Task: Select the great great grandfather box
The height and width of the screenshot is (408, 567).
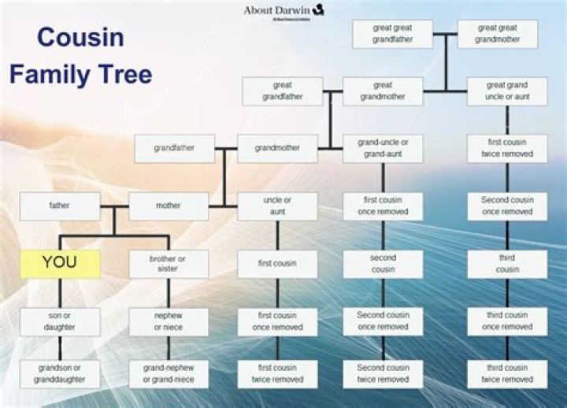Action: pyautogui.click(x=392, y=34)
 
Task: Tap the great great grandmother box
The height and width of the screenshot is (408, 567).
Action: pyautogui.click(x=498, y=34)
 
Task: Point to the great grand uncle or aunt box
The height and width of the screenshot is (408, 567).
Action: pyautogui.click(x=507, y=91)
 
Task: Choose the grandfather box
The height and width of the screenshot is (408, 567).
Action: pyautogui.click(x=174, y=148)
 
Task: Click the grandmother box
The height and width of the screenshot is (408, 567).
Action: pyautogui.click(x=277, y=148)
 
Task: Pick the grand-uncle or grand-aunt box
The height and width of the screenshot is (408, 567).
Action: pyautogui.click(x=383, y=149)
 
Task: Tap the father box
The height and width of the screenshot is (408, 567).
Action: pyautogui.click(x=60, y=206)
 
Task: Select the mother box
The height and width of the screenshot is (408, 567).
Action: pyautogui.click(x=169, y=206)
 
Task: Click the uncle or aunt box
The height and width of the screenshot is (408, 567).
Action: pyautogui.click(x=277, y=206)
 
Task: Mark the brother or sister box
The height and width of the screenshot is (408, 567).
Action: pyautogui.click(x=169, y=264)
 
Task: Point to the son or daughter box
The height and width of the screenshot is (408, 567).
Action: pyautogui.click(x=60, y=321)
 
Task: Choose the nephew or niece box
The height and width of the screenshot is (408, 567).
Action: pyautogui.click(x=169, y=321)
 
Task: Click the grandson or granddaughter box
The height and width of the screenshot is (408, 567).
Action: pyautogui.click(x=60, y=374)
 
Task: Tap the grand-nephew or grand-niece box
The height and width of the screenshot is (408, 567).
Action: pyautogui.click(x=169, y=374)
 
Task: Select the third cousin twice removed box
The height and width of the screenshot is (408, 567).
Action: pyautogui.click(x=507, y=374)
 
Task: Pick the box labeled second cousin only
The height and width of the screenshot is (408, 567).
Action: pyautogui.click(x=383, y=264)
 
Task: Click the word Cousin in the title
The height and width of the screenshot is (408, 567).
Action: pyautogui.click(x=80, y=37)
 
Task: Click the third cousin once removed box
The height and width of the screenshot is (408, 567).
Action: pyautogui.click(x=507, y=321)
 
